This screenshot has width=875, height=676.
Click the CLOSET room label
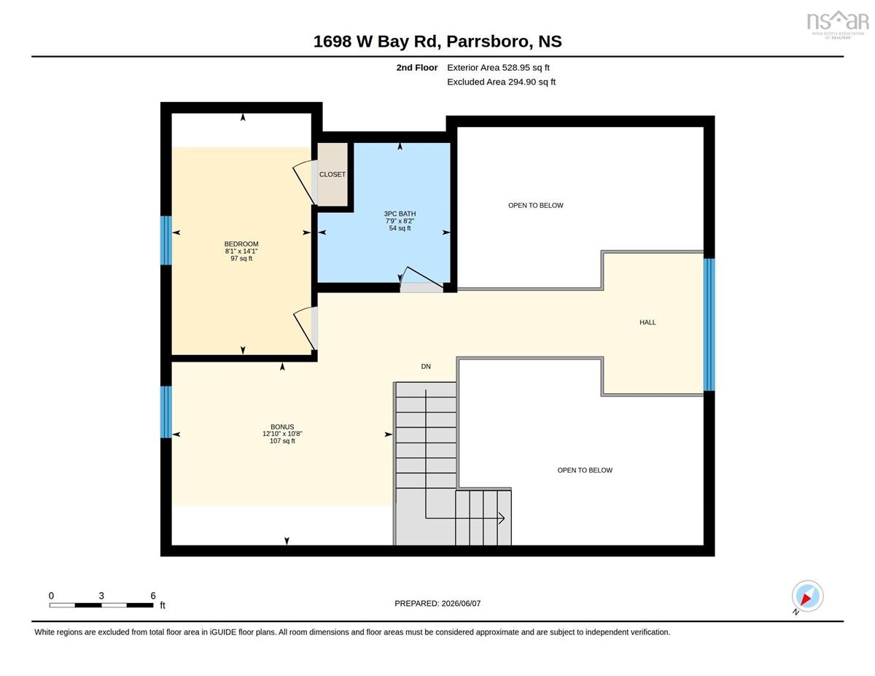[x=332, y=174]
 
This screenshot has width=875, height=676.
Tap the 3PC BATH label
[x=400, y=214]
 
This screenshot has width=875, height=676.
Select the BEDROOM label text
[x=241, y=244]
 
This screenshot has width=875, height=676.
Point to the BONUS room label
[x=282, y=427]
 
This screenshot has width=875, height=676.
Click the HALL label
[x=647, y=322]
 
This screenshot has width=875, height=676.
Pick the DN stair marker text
[x=426, y=366]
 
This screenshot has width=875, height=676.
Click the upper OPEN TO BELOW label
[x=535, y=206]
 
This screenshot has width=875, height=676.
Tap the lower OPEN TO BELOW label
[x=585, y=470]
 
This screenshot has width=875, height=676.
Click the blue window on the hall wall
[x=709, y=325]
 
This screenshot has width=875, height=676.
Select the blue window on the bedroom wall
[x=166, y=241]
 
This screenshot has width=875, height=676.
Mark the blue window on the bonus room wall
[x=166, y=412]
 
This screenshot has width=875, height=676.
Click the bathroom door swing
[x=421, y=279]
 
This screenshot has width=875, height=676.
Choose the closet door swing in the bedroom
[x=305, y=182]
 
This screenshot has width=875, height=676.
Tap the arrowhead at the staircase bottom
[x=502, y=518]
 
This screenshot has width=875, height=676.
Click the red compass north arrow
[x=805, y=599]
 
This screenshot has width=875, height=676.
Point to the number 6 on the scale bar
[x=153, y=596]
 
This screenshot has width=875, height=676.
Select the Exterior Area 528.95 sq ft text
[x=498, y=68]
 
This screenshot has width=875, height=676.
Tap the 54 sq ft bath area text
[x=400, y=228]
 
